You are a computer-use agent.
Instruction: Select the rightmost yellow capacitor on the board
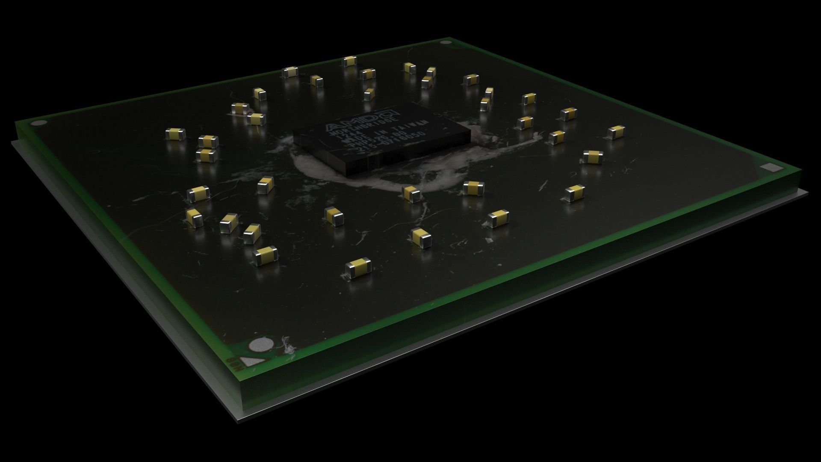(x=616, y=132)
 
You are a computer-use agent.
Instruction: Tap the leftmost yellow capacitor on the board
(x=175, y=134)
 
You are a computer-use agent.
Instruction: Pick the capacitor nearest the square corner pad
(x=592, y=157)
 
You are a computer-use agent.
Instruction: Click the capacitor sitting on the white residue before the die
(x=411, y=193)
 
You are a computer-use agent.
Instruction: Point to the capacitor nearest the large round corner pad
(x=265, y=256)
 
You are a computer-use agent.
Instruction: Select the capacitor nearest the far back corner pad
(x=431, y=71)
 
